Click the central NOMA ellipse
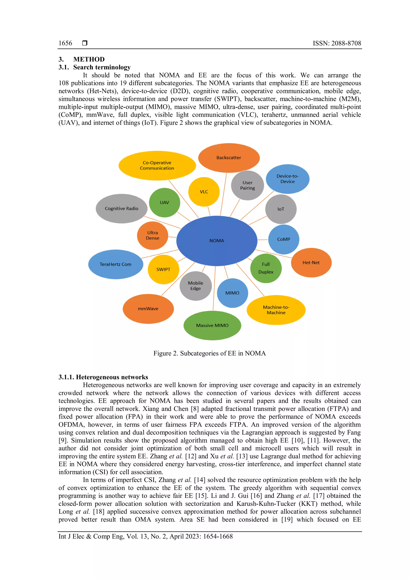(x=217, y=241)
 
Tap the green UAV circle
(x=164, y=203)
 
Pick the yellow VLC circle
(x=204, y=192)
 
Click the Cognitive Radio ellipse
(x=122, y=209)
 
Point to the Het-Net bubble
(x=311, y=263)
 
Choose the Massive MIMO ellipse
(x=212, y=325)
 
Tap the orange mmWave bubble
(x=148, y=309)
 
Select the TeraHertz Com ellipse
(x=115, y=264)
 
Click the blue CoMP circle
(x=283, y=239)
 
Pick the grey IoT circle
(x=281, y=209)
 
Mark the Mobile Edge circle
(x=195, y=286)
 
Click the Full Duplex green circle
(x=266, y=268)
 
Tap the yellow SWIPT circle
(x=163, y=269)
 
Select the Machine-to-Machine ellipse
(x=276, y=310)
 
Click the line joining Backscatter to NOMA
(x=223, y=194)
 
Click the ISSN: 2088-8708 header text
(x=337, y=43)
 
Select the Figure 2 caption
(x=210, y=353)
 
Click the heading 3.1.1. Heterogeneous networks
(x=103, y=377)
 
